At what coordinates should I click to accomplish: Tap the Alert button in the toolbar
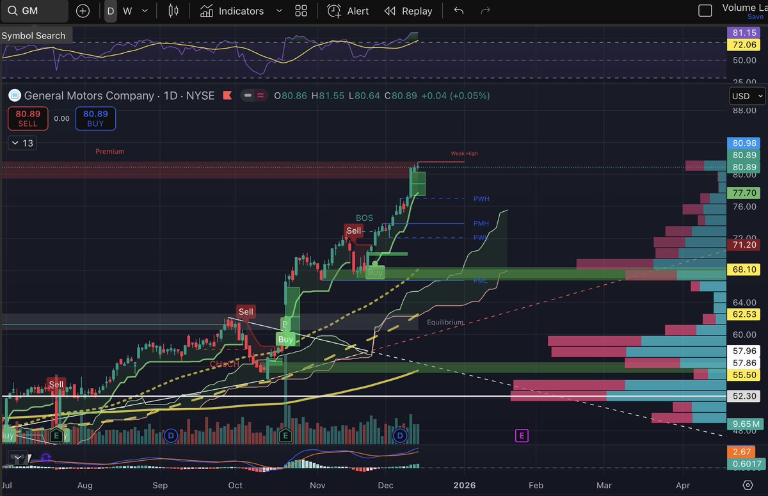point(348,11)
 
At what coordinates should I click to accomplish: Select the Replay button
point(408,11)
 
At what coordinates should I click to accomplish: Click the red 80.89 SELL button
point(27,118)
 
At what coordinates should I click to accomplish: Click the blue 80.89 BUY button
point(95,118)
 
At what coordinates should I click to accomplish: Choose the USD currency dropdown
point(747,96)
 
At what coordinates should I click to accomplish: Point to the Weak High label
point(464,154)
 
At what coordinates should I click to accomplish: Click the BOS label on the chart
point(364,218)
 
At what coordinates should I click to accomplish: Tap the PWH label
point(481,199)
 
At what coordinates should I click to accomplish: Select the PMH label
point(481,224)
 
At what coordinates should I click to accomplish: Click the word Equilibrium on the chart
point(445,323)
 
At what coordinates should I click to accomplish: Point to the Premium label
point(109,152)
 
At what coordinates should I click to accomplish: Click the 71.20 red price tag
point(744,244)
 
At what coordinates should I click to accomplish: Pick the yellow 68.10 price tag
point(744,270)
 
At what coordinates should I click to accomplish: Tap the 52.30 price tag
point(744,396)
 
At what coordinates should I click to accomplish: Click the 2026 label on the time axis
point(464,485)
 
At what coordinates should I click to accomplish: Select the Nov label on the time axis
point(317,485)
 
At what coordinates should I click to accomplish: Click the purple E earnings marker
point(522,436)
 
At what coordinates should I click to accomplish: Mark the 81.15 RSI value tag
point(744,32)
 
